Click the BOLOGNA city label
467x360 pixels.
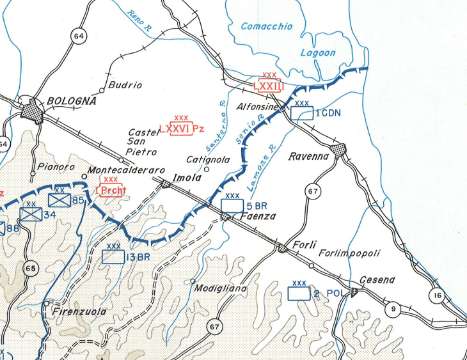[x=71, y=101]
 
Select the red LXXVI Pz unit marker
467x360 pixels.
[x=181, y=129]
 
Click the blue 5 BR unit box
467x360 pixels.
[x=232, y=206]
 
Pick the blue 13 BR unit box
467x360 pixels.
[x=113, y=256]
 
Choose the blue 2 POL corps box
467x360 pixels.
[x=299, y=293]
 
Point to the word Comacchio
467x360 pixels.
[x=267, y=26]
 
